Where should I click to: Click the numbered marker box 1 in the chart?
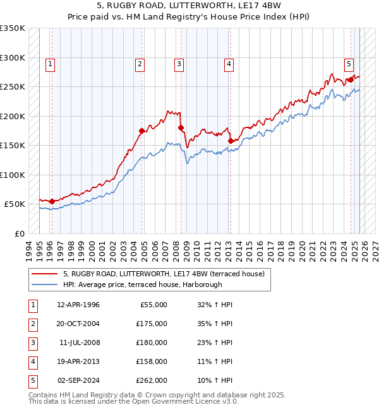coord(50,63)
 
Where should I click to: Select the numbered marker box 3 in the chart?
coord(179,63)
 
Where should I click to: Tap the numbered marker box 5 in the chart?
coord(349,63)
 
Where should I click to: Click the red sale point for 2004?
coord(142,131)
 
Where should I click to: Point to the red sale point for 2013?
coord(231,141)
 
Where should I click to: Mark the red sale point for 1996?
coord(52,201)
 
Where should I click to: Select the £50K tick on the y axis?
coord(15,204)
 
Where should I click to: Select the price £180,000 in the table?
coord(152,343)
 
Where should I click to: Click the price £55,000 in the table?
coord(153,305)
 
